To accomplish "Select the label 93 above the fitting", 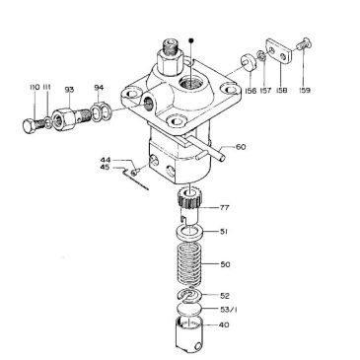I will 70,90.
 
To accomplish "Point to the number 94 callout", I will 99,88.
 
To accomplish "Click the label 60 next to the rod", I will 240,148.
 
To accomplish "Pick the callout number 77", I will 225,208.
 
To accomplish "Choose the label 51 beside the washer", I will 225,233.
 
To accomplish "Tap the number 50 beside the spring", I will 225,265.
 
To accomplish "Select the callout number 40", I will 225,324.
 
